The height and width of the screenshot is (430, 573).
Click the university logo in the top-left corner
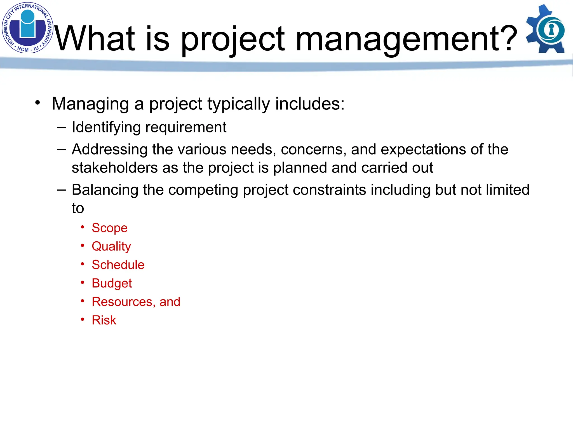point(27,27)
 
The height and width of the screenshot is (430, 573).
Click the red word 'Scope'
point(109,228)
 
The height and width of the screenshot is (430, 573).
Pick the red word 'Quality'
point(111,247)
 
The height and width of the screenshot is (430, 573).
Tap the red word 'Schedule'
point(118,265)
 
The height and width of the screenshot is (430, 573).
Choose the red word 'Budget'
point(112,284)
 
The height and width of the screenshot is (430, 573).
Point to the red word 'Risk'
point(104,320)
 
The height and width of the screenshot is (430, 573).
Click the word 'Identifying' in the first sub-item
point(106,128)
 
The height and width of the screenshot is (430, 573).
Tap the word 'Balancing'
point(105,190)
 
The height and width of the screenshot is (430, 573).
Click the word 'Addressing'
point(109,149)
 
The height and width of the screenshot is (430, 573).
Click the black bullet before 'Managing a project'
point(37,103)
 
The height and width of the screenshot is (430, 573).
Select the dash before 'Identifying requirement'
point(61,128)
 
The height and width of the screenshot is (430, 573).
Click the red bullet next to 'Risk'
point(83,319)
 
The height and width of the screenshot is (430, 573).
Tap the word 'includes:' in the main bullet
point(310,104)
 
